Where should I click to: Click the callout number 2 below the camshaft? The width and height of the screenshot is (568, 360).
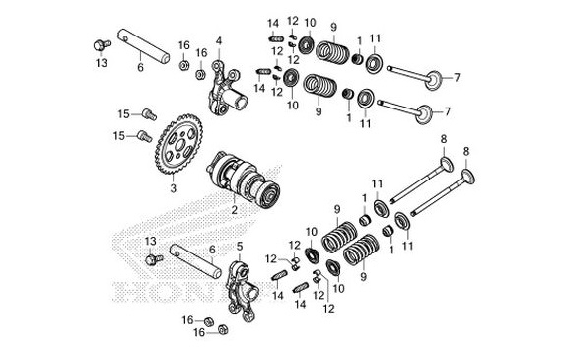click(234, 210)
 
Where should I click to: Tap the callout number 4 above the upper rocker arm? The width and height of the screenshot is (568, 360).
click(219, 40)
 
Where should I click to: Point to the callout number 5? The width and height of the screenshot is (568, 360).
click(240, 244)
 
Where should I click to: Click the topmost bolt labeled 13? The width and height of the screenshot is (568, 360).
click(101, 43)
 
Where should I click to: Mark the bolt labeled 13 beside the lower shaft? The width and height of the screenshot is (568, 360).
click(153, 260)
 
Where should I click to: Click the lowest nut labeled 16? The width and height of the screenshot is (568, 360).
click(222, 329)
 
